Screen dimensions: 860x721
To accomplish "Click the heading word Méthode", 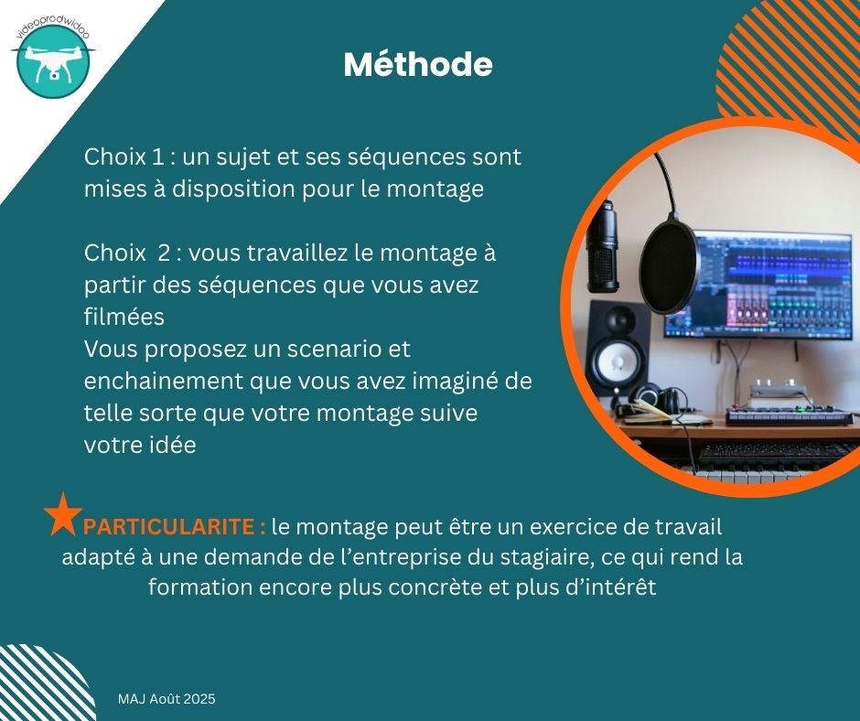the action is tap(418, 64).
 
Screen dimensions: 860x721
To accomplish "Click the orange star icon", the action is tap(63, 514).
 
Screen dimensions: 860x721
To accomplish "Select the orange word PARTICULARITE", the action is tap(168, 527).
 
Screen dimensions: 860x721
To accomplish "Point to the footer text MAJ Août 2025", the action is tap(167, 698).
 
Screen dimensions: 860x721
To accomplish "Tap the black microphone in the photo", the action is tap(603, 247).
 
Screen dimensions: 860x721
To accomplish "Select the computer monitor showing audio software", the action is tap(758, 285).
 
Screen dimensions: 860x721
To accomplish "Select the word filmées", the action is tap(124, 317).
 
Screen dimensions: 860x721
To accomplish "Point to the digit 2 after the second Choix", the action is tap(164, 253).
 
